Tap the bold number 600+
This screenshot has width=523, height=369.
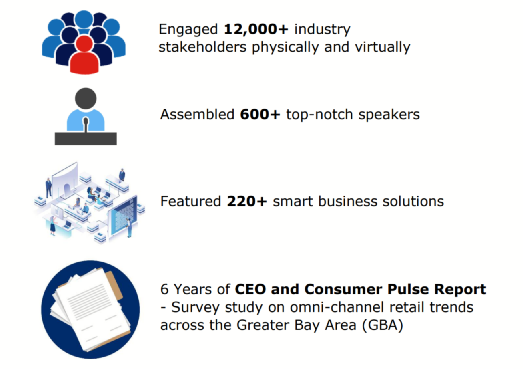260,115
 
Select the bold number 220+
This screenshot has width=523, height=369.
247,201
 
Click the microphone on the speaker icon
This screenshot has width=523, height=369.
86,123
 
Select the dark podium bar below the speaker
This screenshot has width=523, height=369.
86,139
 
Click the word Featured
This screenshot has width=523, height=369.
191,201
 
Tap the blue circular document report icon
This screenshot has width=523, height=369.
90,309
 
